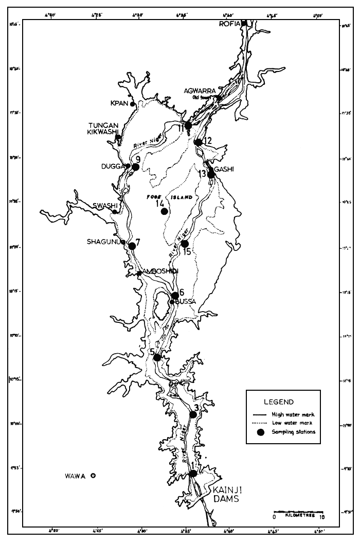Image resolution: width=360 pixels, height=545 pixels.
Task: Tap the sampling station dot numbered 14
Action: tap(164, 211)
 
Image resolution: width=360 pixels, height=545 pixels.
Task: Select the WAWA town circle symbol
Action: tap(93, 476)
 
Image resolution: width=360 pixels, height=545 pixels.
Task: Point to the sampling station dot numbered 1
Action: tap(193, 474)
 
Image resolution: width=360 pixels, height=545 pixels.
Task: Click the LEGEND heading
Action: tap(278, 402)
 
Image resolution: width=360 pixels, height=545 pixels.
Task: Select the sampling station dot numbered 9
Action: tap(136, 167)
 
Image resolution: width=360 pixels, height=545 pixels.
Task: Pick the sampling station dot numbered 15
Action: tap(185, 244)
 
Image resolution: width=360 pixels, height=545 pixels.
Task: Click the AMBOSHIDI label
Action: tap(160, 271)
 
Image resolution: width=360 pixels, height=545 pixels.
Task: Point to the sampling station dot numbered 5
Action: tap(157, 357)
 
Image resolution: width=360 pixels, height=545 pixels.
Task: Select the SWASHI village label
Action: tap(102, 206)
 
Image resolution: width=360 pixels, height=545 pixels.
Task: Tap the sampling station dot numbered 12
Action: tap(199, 142)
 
